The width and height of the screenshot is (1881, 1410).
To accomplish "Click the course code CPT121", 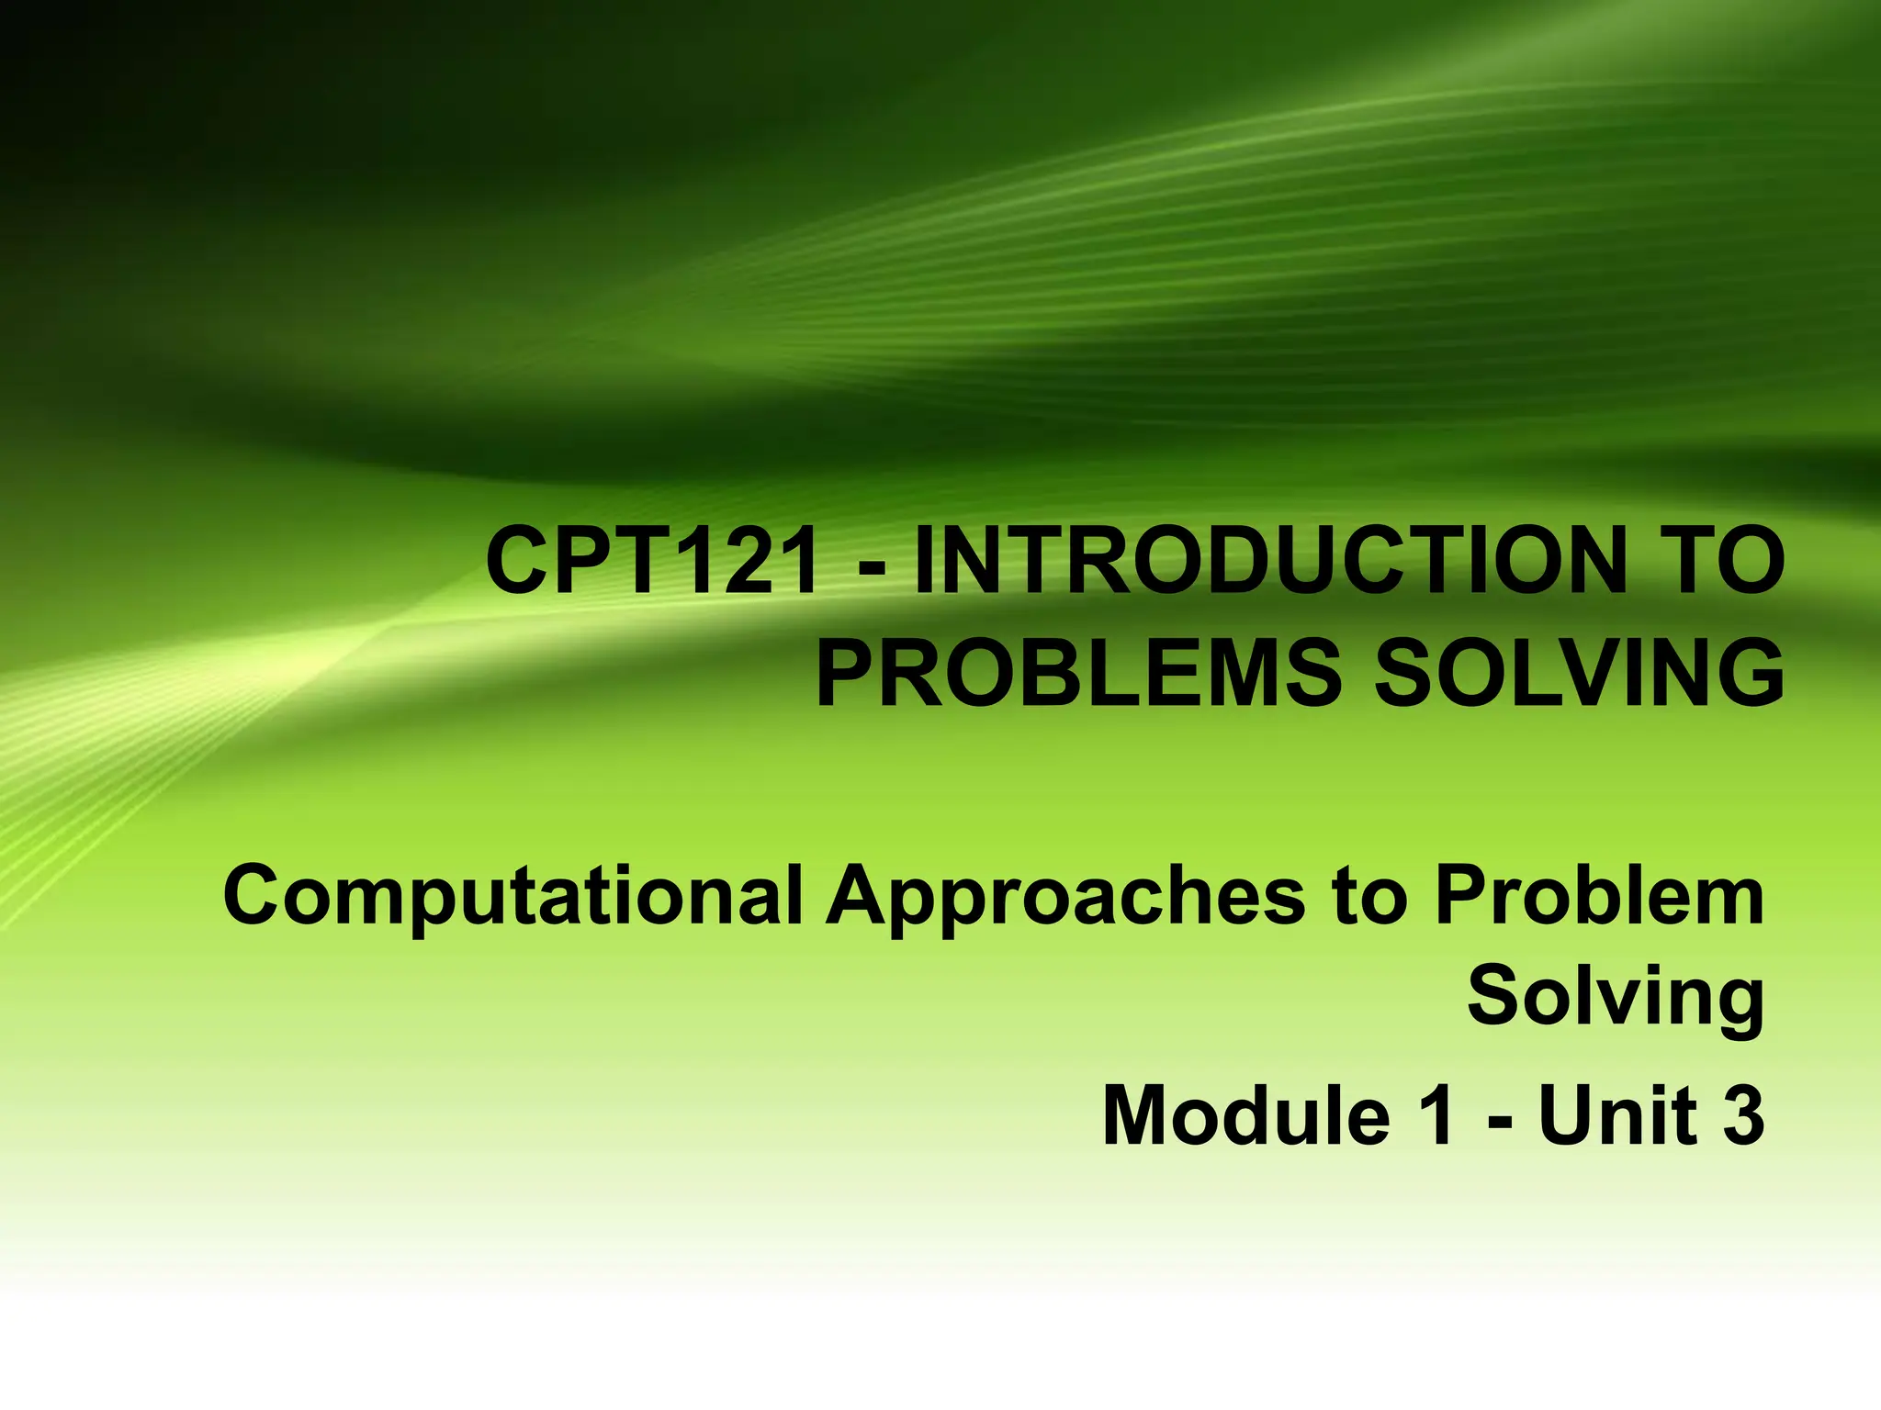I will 652,562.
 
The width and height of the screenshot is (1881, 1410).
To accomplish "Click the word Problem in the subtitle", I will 1599,895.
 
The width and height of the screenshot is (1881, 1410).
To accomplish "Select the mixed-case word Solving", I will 1616,999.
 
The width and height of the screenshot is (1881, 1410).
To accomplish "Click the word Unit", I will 1617,1116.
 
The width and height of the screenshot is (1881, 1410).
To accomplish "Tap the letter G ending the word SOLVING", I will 1750,675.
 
